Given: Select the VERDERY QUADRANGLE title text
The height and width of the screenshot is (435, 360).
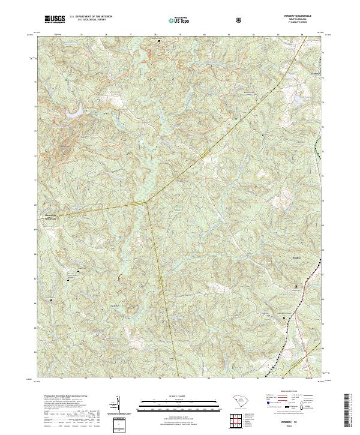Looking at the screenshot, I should (x=302, y=16).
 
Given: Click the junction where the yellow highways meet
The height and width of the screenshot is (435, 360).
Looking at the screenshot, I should (x=148, y=202).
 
